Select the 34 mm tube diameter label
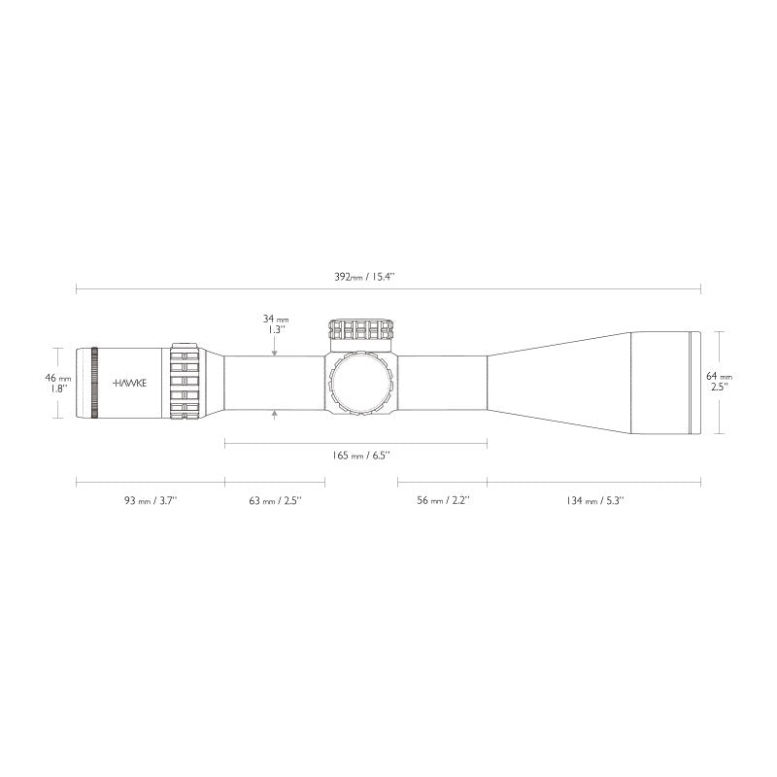coord(276,318)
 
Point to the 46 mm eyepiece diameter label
coord(57,377)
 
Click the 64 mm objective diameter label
coord(719,375)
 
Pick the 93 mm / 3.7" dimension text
coord(150,500)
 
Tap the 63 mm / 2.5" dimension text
coord(275,500)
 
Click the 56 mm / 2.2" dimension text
coord(442,500)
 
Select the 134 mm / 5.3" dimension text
coord(593,500)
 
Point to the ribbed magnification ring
coord(185,383)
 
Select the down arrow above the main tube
coord(276,352)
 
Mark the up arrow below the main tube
coord(276,415)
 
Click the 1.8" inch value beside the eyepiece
coord(57,388)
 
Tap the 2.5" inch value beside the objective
coord(719,387)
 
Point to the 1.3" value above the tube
coord(276,329)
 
